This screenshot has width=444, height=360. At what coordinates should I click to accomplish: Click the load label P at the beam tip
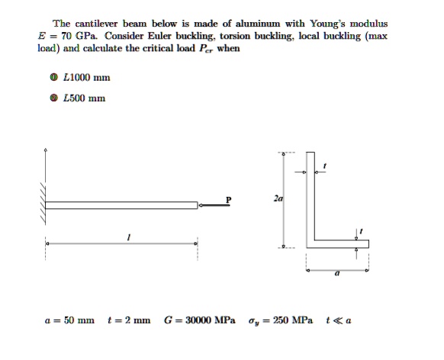[227, 199]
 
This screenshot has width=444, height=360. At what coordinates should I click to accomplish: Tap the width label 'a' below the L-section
[336, 281]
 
